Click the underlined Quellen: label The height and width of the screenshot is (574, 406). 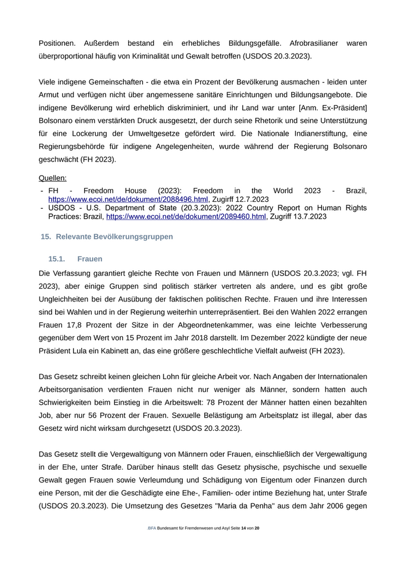(53, 178)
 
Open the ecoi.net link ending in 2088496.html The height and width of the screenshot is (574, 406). (128, 199)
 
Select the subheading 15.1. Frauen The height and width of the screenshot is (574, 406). (75, 259)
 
